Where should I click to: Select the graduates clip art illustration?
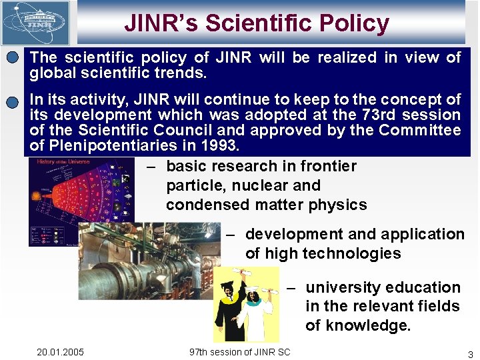[246, 304]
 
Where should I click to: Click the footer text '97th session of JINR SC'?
[240, 352]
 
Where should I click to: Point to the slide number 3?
[470, 353]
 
